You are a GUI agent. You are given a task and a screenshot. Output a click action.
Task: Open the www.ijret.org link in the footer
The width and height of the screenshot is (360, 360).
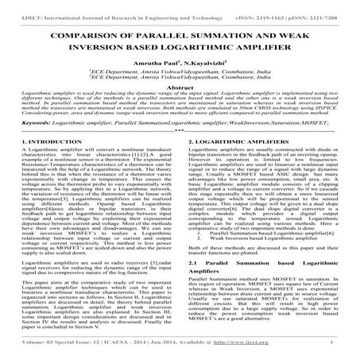click(x=266, y=346)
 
